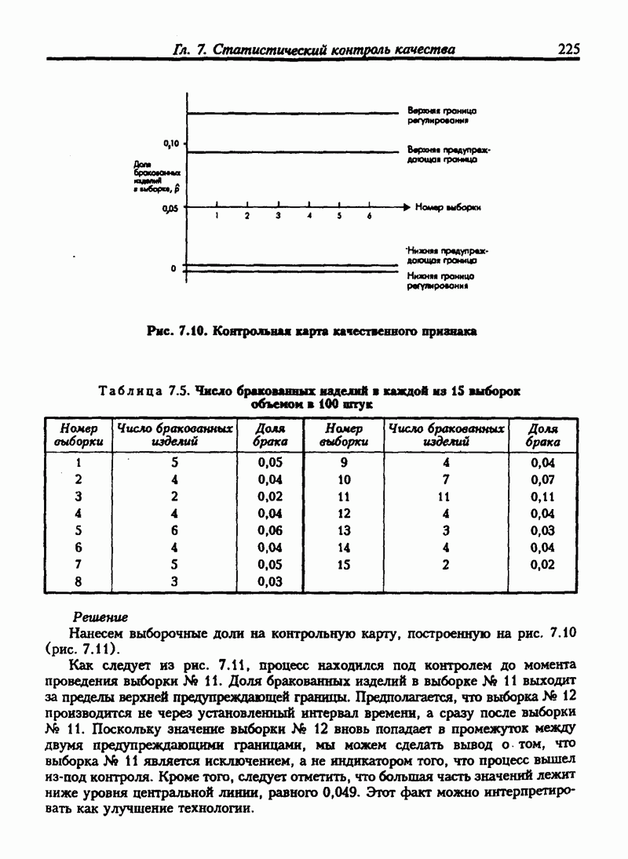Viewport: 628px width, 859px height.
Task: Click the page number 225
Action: (568, 49)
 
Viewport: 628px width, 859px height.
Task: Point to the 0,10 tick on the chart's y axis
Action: (172, 144)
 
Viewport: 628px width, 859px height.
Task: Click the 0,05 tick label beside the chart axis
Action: (170, 209)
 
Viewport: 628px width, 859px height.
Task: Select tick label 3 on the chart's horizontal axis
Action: (278, 217)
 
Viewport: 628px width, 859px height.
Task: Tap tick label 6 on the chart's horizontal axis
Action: (369, 217)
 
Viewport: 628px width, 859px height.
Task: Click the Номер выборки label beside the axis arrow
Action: (447, 208)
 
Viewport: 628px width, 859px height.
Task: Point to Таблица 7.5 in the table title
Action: (144, 391)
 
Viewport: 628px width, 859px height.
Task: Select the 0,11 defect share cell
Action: (542, 497)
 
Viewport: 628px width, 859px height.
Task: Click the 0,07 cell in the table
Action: (542, 479)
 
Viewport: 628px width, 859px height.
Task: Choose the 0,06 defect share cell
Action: (269, 530)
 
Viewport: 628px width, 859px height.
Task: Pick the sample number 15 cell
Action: (344, 564)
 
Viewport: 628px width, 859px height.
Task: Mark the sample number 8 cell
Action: (78, 581)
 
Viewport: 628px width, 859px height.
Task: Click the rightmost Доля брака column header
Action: (542, 435)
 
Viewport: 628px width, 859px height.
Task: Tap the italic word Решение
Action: (100, 618)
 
